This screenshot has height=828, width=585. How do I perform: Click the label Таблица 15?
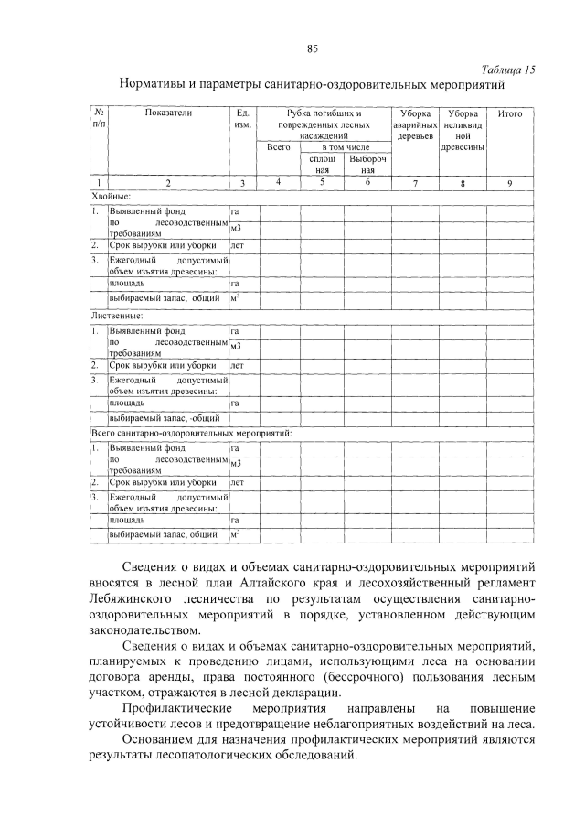tap(507, 70)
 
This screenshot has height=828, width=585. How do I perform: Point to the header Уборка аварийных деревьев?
tap(414, 125)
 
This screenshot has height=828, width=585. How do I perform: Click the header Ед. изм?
tap(242, 119)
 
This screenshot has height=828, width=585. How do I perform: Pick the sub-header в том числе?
tap(345, 146)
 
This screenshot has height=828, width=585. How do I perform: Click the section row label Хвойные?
tap(112, 196)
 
